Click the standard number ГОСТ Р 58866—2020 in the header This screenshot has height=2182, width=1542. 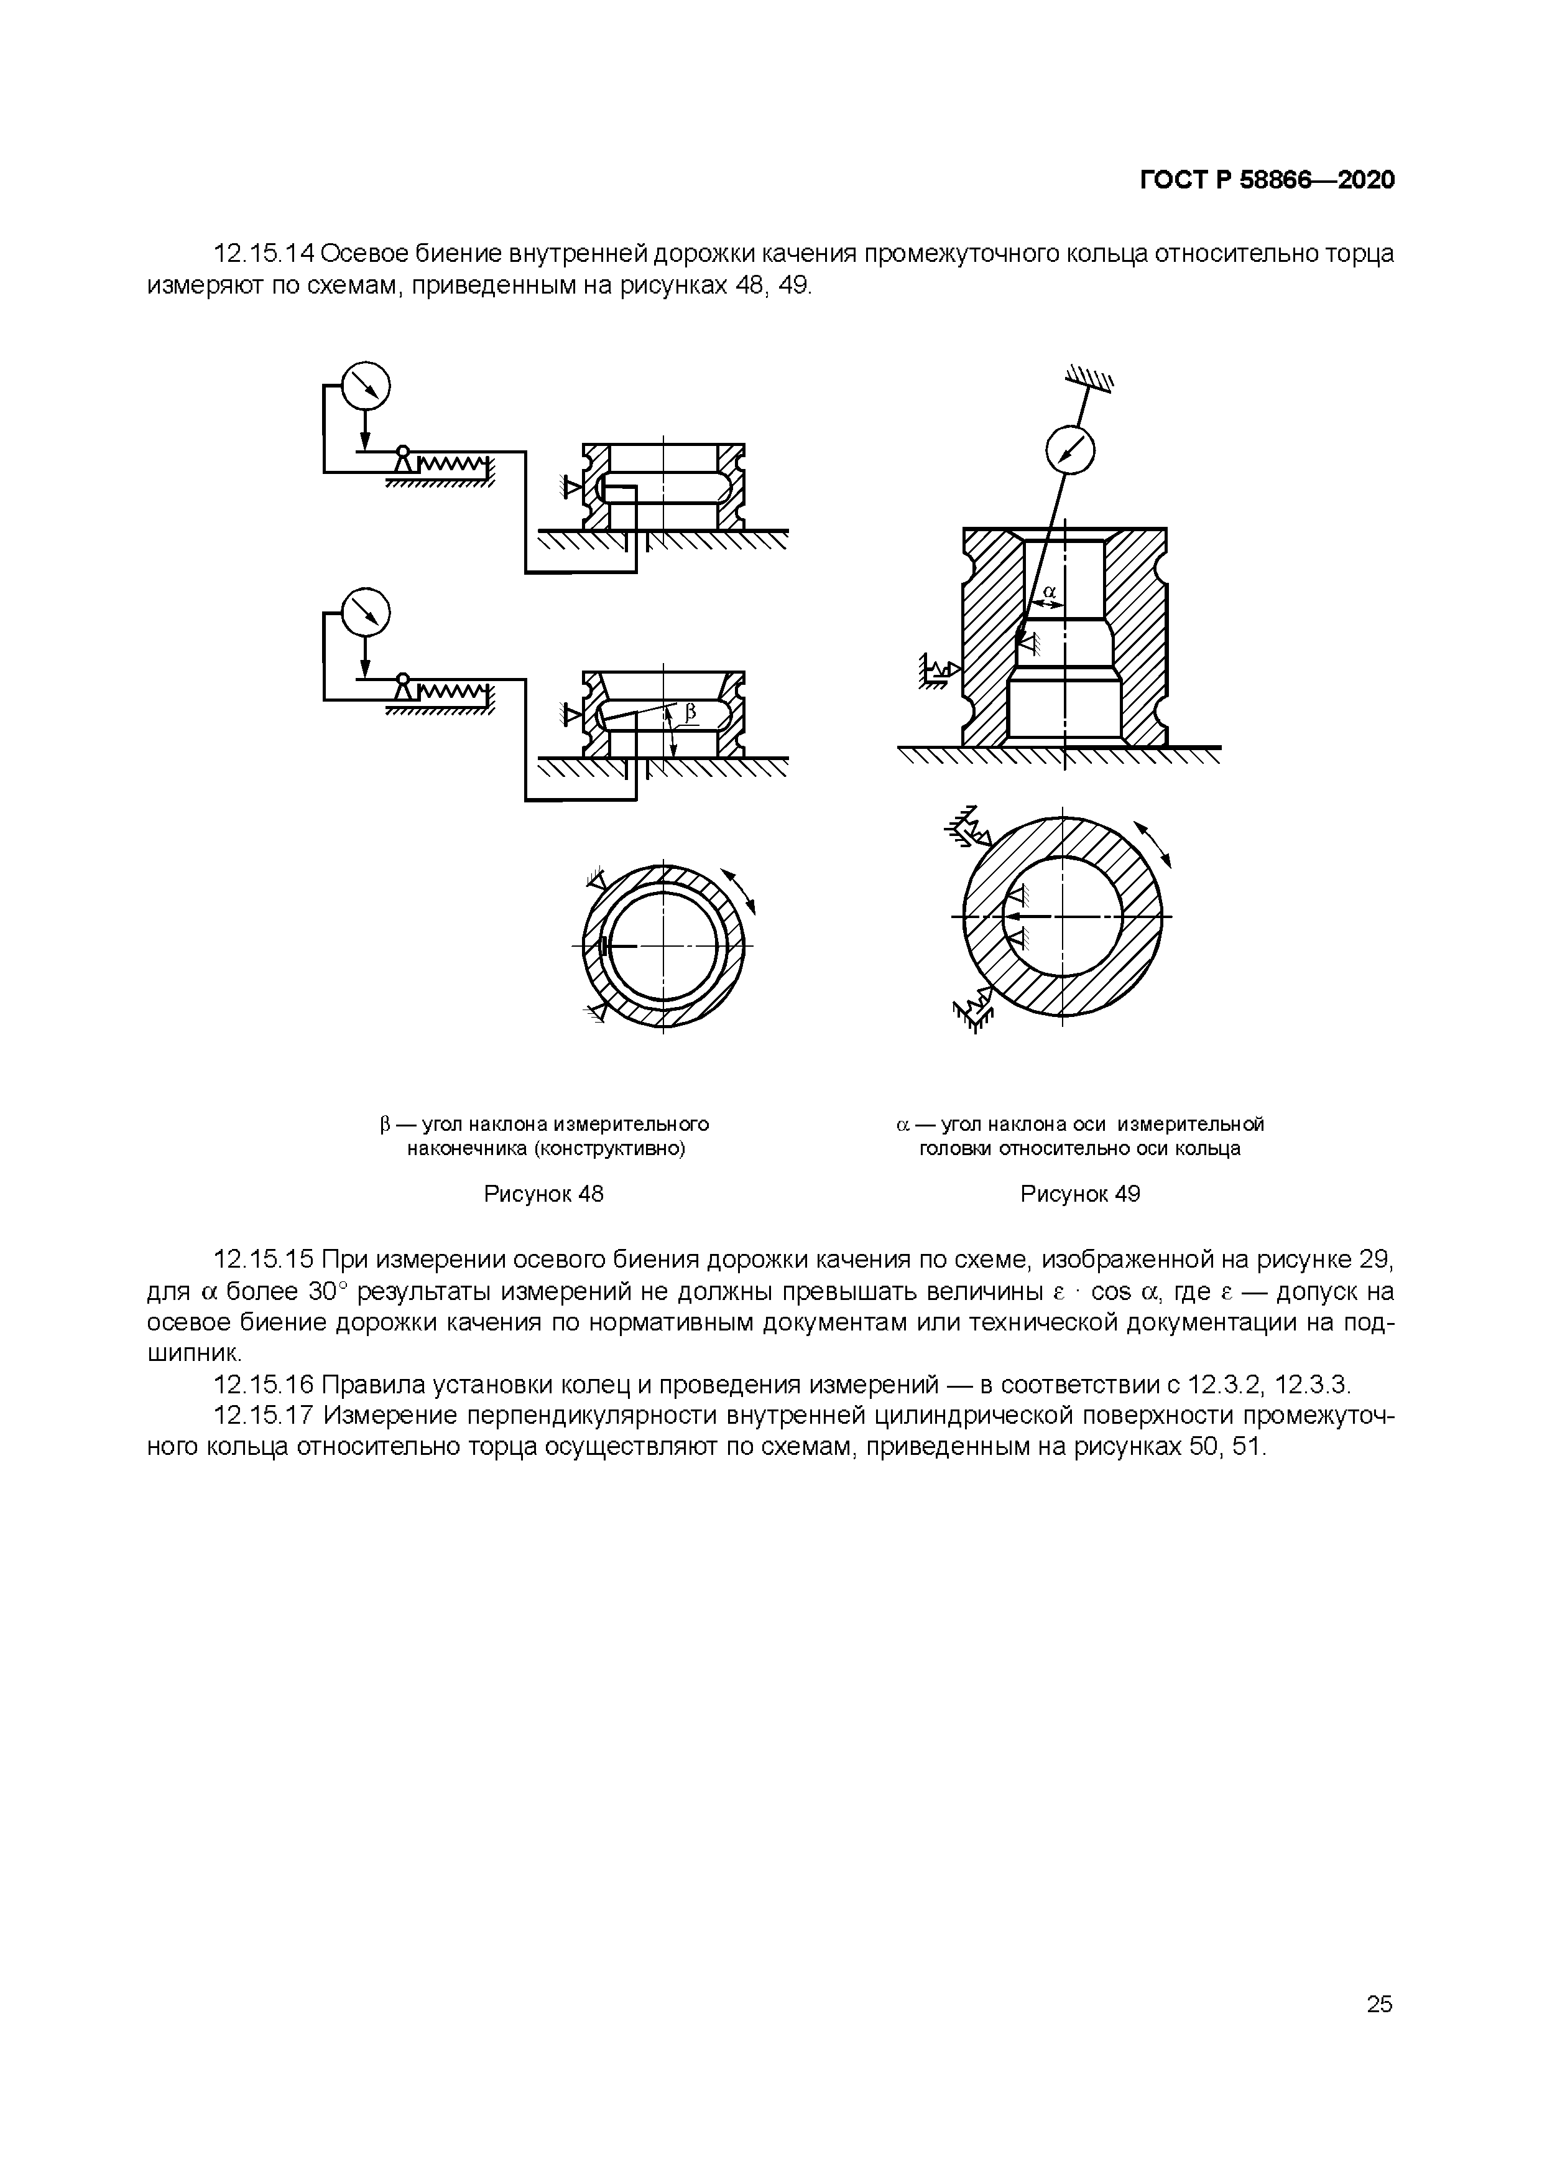(x=1267, y=180)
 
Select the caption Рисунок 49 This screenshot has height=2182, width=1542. (x=1079, y=1194)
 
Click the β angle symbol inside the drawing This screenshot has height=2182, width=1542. (x=691, y=711)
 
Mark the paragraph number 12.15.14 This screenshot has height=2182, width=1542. (x=264, y=254)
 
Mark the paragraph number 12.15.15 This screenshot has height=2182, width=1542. (x=264, y=1260)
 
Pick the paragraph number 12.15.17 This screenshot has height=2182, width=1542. (x=264, y=1416)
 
